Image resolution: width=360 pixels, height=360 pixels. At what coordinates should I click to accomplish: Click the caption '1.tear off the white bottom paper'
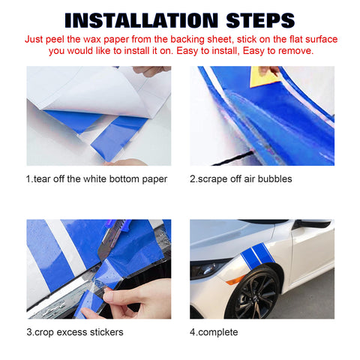click(97, 178)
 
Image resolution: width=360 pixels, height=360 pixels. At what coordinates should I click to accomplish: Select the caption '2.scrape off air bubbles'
click(241, 178)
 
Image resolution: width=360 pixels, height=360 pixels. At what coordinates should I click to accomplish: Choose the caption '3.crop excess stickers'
click(73, 332)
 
